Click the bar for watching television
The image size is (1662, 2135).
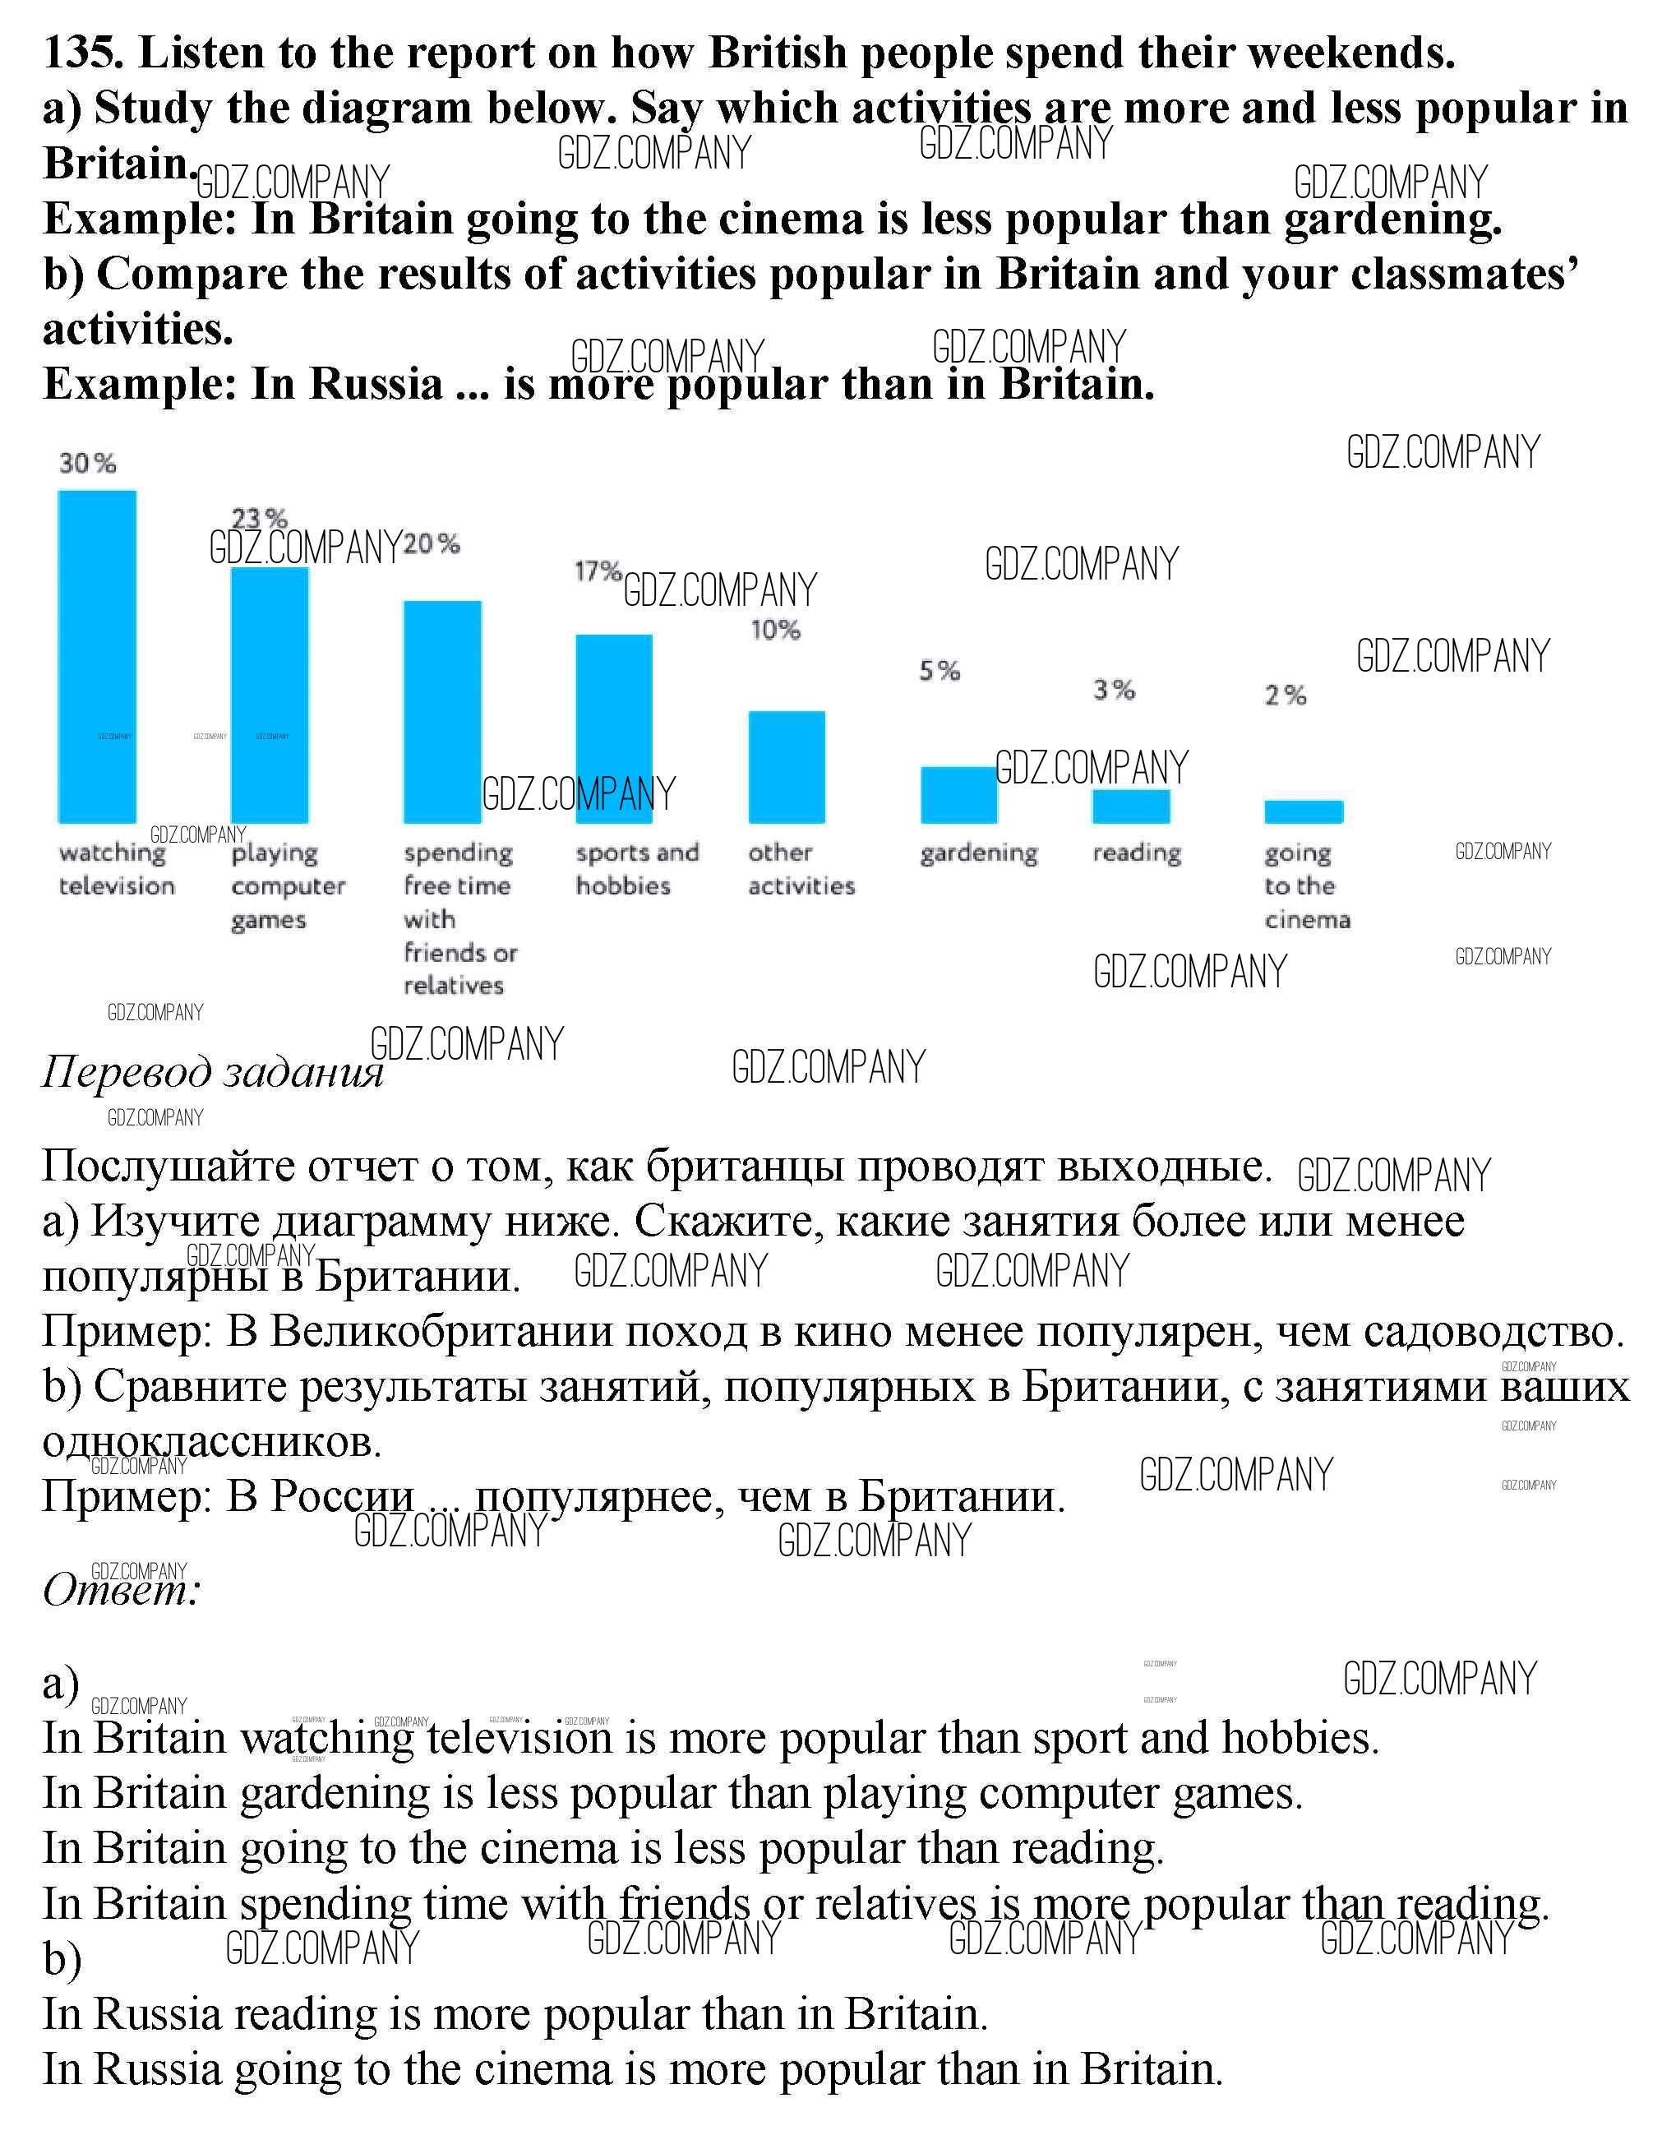click(97, 656)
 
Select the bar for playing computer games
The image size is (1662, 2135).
click(269, 695)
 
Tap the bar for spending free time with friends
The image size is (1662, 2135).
click(442, 712)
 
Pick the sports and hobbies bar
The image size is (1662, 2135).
click(614, 728)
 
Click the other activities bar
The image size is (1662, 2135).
click(787, 766)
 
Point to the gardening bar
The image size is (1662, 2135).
click(959, 795)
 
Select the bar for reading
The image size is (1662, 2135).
click(1131, 806)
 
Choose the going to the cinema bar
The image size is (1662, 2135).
click(1304, 811)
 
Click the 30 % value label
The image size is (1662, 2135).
click(87, 464)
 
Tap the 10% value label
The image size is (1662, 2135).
click(775, 631)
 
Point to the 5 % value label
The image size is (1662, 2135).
click(939, 671)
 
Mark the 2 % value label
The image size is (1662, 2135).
click(1286, 695)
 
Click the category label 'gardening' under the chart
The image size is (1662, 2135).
click(979, 853)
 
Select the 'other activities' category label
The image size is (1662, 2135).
click(801, 869)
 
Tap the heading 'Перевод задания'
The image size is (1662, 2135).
click(212, 1072)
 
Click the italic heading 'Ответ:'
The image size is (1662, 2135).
click(121, 1591)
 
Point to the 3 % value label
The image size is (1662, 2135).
click(1114, 691)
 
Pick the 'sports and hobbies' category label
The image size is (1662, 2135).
click(637, 869)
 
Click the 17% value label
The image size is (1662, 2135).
click(598, 570)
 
